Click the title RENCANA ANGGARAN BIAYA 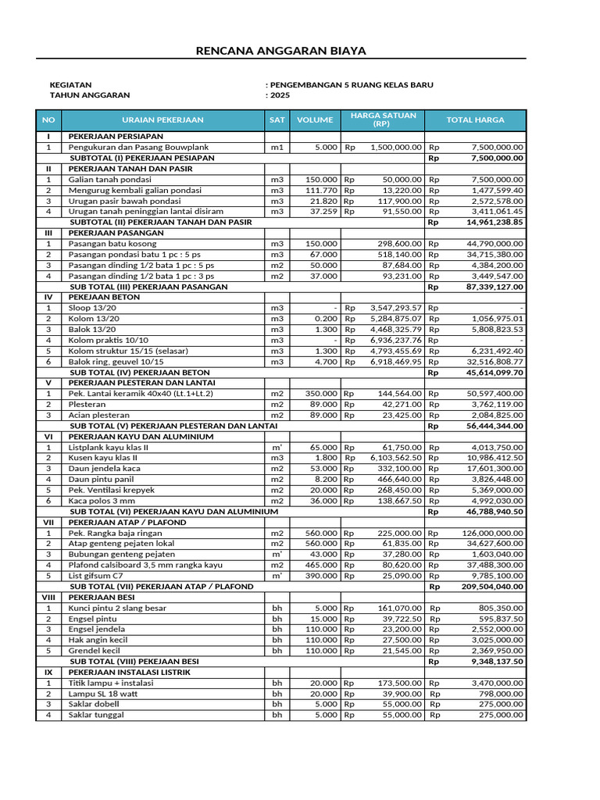280,52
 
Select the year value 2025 279,95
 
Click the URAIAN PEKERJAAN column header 162,120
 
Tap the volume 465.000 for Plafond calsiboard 320,565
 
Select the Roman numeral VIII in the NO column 48,597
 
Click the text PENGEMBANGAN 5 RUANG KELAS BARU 352,84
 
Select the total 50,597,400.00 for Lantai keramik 492,394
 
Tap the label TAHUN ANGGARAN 90,95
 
